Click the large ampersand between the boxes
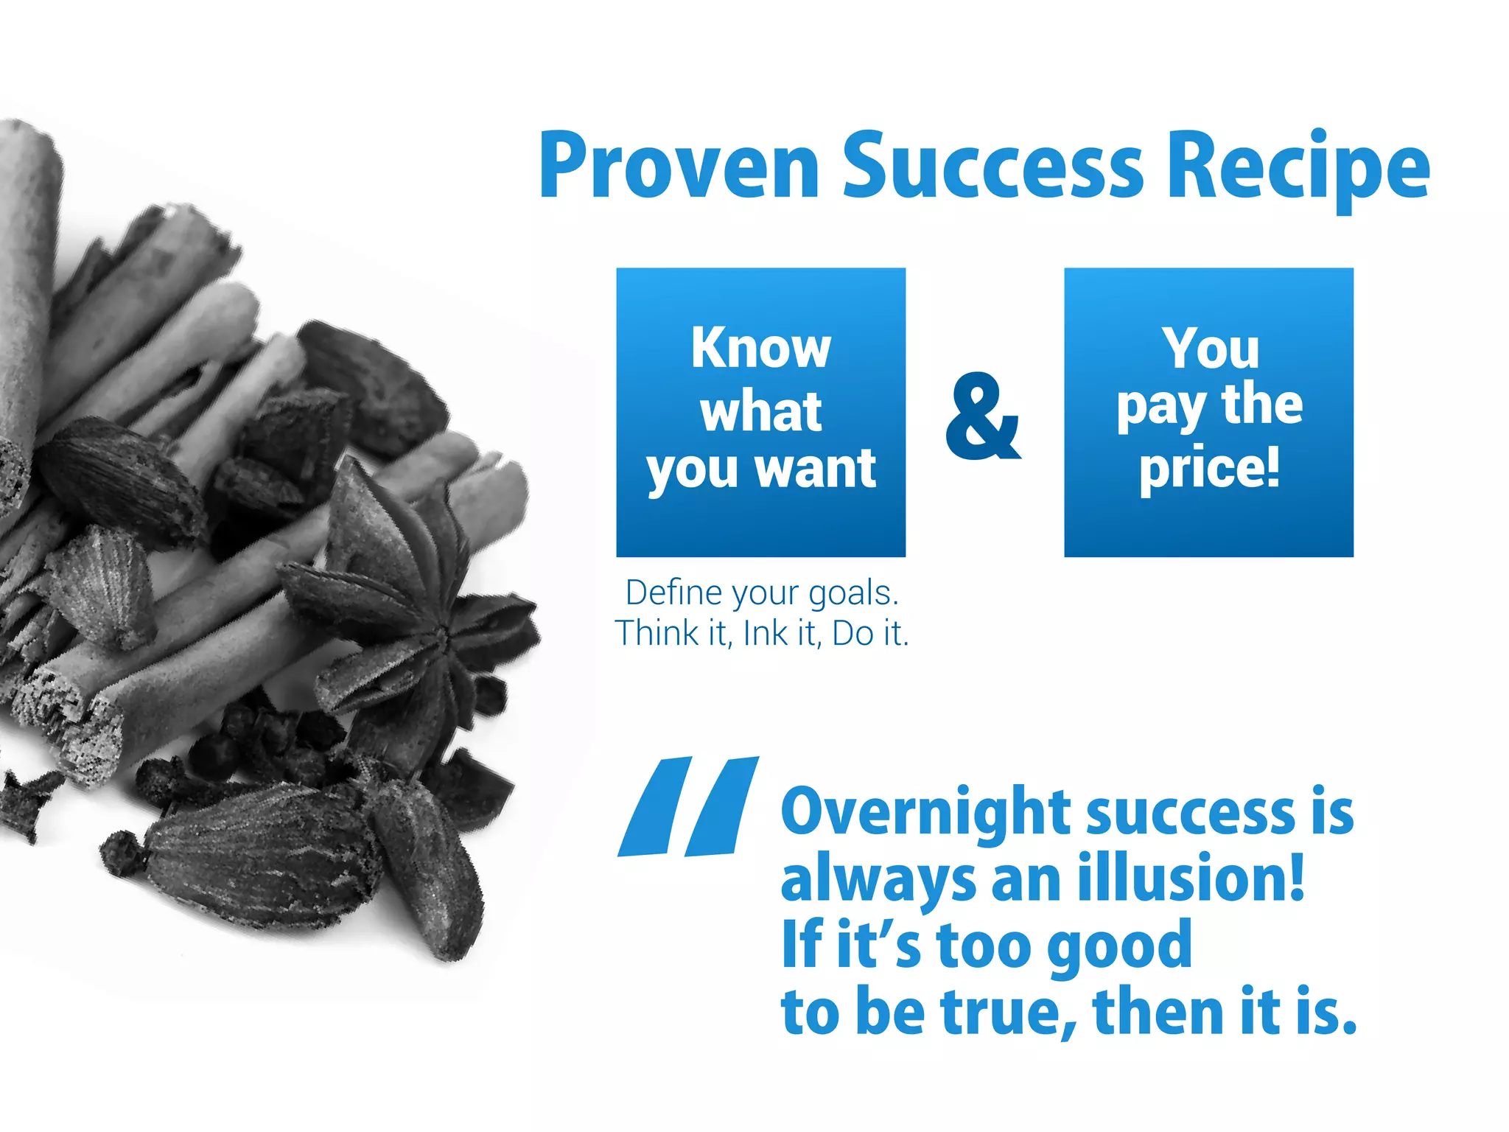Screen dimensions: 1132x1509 [983, 417]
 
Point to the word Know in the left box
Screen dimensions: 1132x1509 [760, 348]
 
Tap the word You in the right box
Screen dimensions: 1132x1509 [1210, 348]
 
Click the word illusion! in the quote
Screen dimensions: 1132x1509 [1191, 877]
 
